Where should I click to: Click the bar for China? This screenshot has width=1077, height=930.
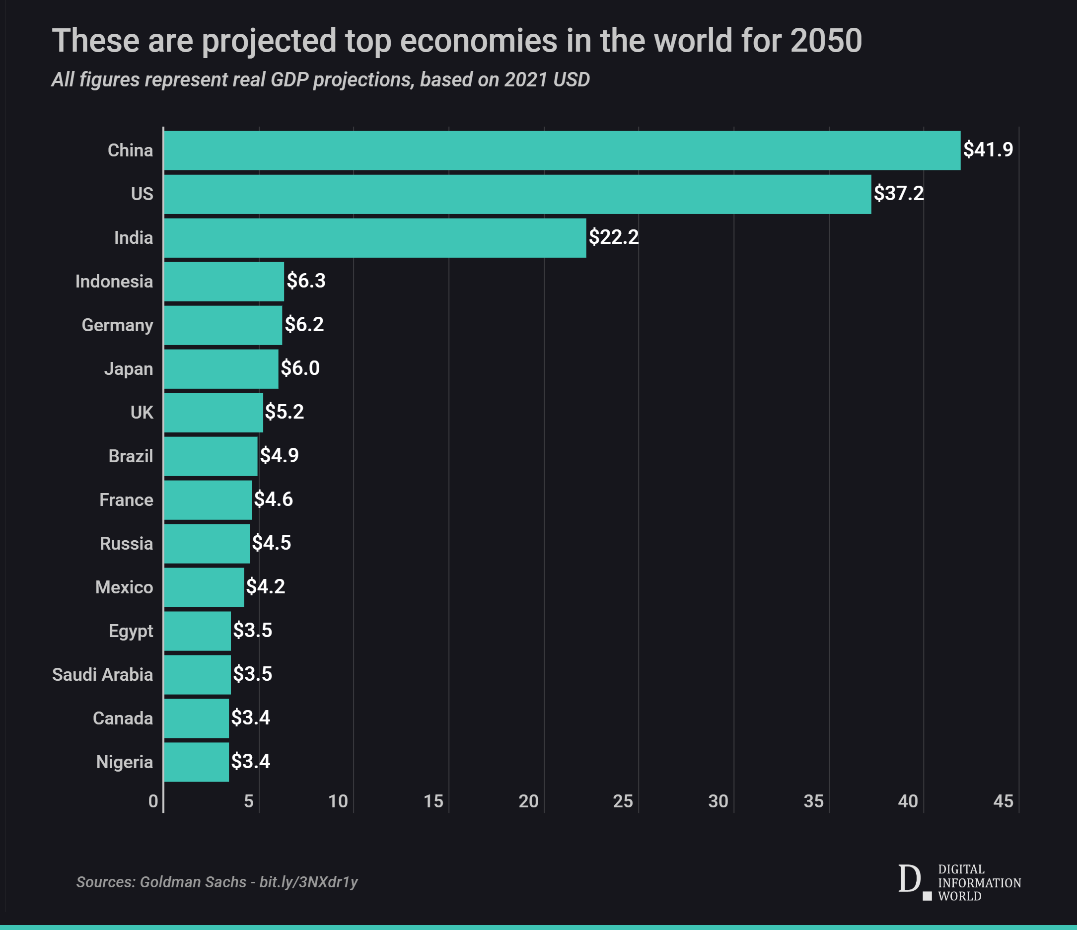point(562,151)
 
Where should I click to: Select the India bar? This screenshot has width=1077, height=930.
point(374,238)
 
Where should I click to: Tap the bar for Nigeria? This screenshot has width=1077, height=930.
point(197,762)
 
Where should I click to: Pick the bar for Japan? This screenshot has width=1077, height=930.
point(221,369)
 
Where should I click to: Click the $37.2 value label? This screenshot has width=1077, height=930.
point(899,193)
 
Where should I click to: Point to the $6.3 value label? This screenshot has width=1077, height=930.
point(306,281)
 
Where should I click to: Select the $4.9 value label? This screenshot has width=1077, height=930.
point(279,456)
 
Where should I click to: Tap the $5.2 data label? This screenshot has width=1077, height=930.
point(285,412)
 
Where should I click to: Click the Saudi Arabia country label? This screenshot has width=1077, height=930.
point(102,675)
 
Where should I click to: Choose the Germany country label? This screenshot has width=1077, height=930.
point(118,325)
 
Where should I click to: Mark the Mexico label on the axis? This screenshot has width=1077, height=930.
point(124,587)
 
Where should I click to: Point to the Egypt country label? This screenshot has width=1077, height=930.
point(131,631)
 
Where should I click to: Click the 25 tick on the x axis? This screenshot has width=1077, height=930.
point(623,801)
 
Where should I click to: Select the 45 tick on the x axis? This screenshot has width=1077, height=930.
point(1003,801)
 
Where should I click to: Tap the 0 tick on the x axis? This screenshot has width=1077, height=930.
point(153,801)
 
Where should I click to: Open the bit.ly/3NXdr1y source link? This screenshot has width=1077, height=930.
point(309,882)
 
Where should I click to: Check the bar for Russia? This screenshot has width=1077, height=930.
point(207,544)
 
